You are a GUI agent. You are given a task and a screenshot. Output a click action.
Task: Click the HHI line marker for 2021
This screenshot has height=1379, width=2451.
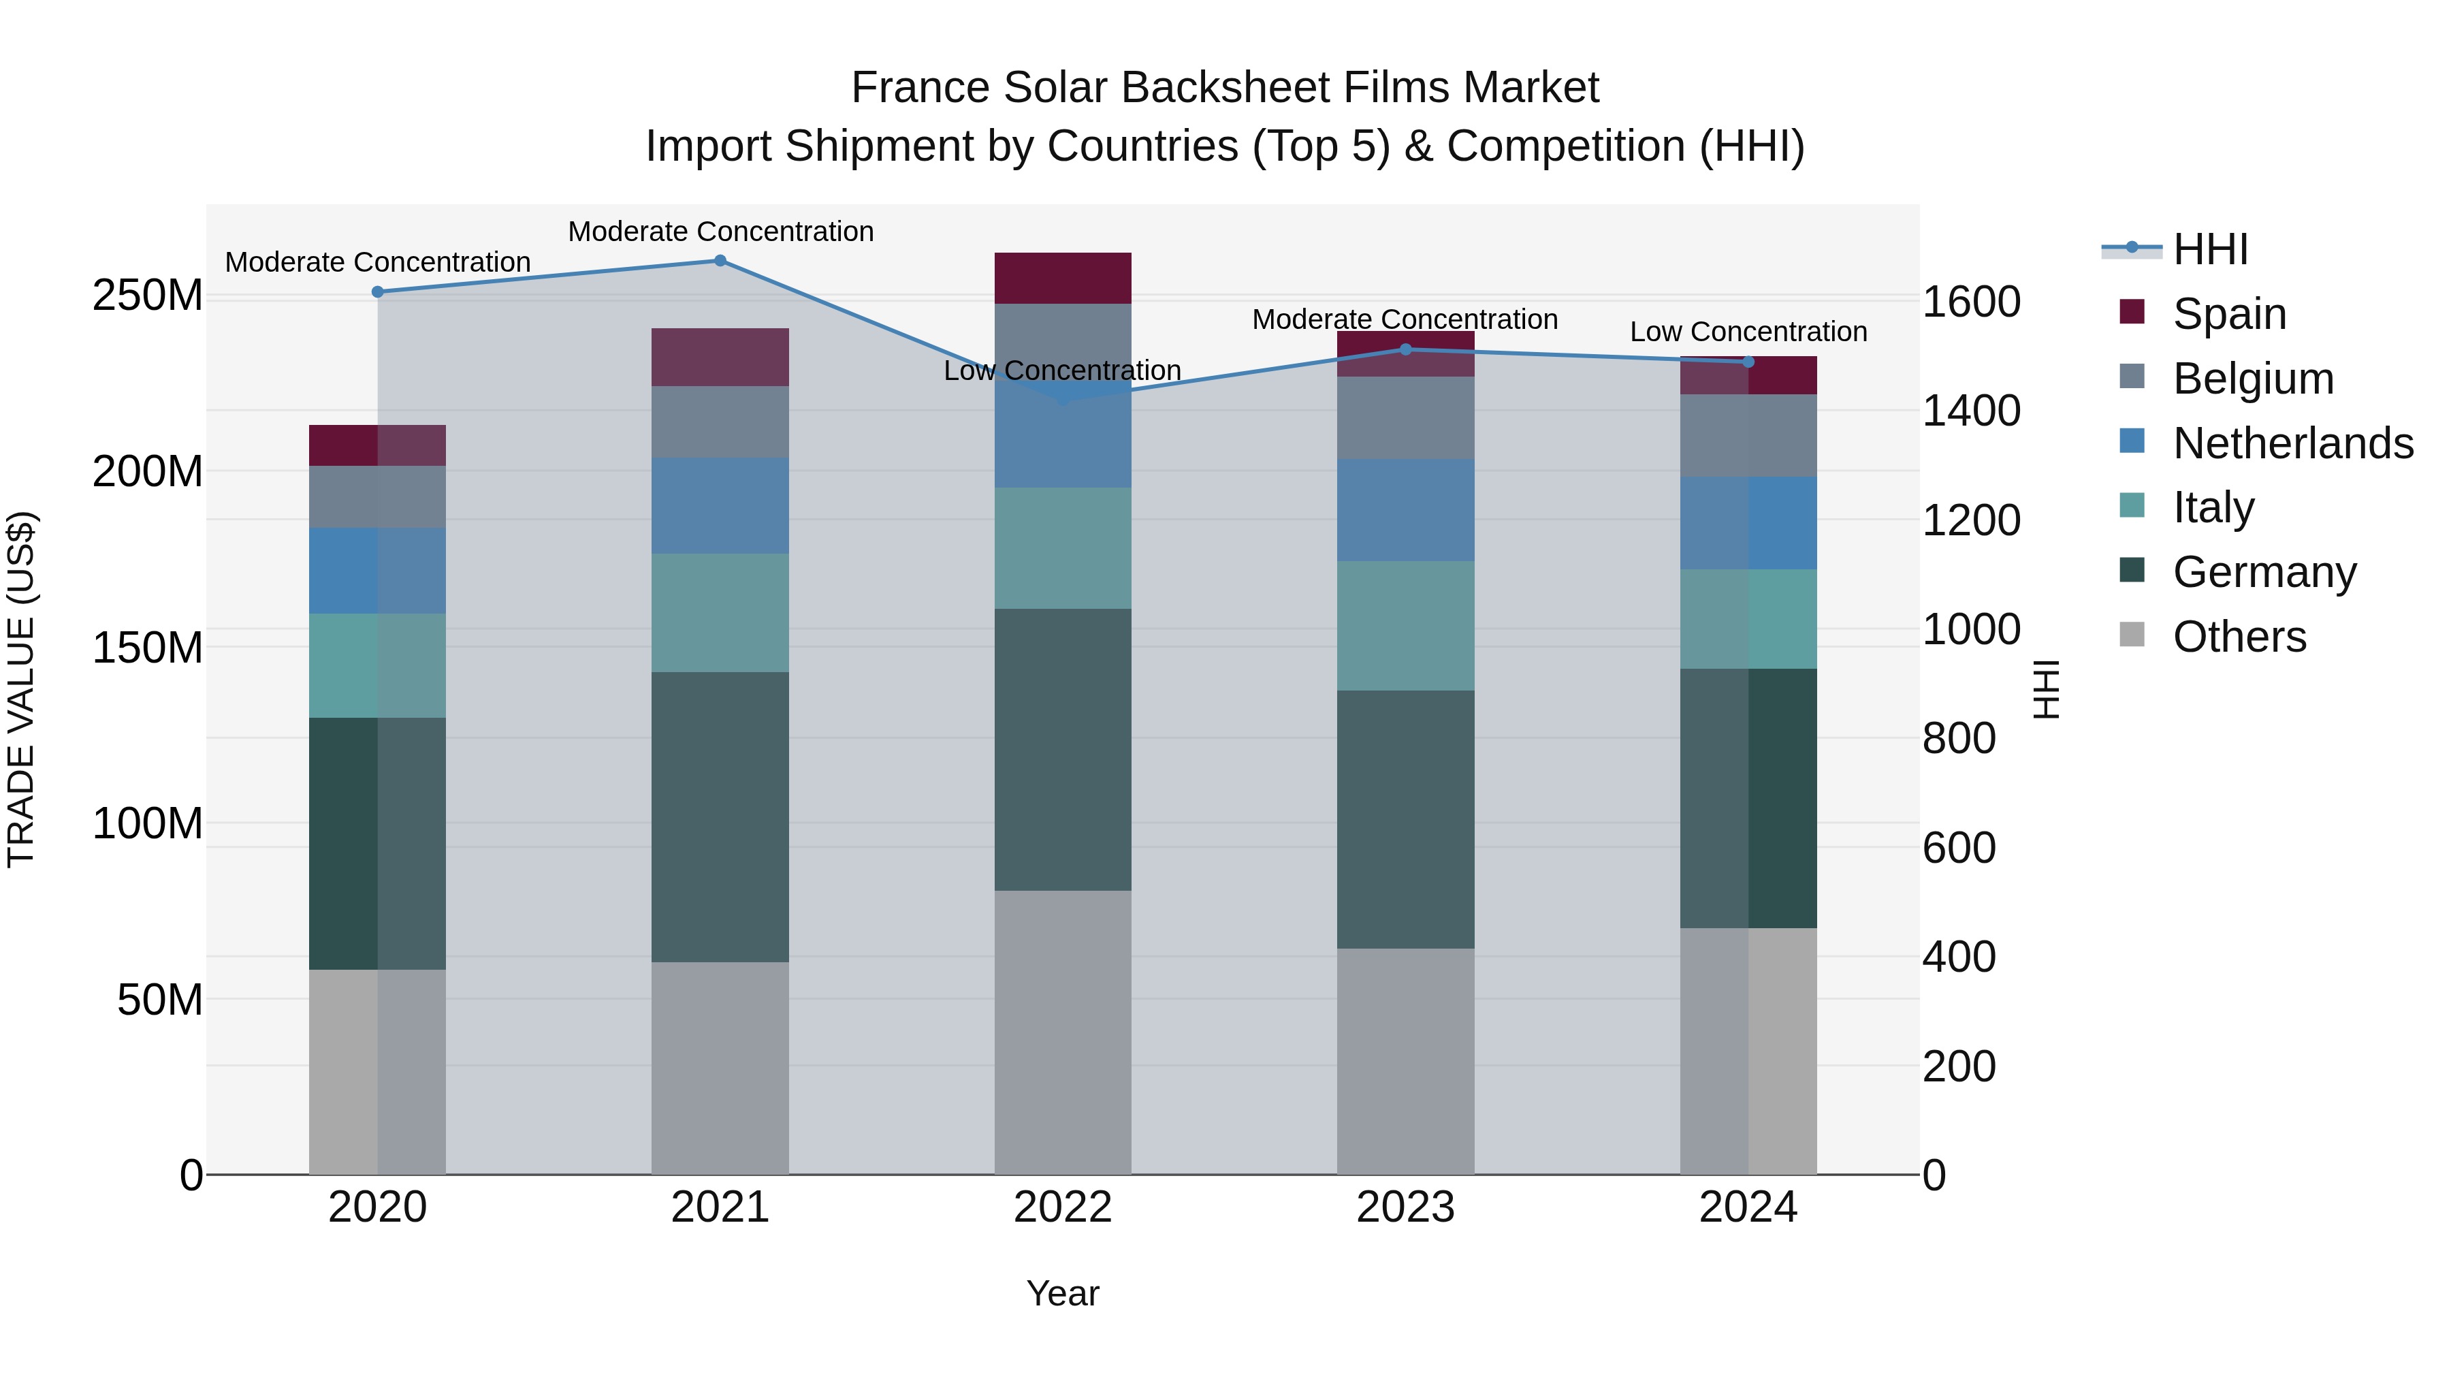click(x=720, y=261)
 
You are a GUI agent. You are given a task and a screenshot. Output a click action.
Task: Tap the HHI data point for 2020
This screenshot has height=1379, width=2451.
click(x=378, y=292)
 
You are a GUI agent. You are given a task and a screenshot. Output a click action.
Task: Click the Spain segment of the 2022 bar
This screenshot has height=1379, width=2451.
click(x=1063, y=278)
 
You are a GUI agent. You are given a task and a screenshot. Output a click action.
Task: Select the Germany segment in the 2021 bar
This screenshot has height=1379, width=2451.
click(x=720, y=817)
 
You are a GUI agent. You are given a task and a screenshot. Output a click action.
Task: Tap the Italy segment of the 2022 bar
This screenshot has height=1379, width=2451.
click(x=1063, y=548)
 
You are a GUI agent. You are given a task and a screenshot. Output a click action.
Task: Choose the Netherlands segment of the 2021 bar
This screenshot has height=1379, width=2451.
click(x=720, y=505)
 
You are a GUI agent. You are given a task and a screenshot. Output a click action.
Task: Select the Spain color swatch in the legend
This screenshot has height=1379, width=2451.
click(x=2132, y=312)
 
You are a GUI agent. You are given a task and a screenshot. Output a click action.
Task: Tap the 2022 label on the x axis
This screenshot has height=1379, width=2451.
click(x=1063, y=1207)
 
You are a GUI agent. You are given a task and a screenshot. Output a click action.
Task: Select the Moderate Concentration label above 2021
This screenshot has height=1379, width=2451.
click(x=720, y=232)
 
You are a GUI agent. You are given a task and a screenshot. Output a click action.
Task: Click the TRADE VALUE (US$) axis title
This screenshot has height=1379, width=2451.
click(x=21, y=689)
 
